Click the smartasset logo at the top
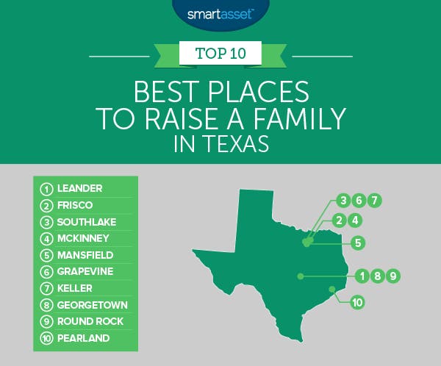pos(220,15)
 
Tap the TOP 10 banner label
pos(220,53)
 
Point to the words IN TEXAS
pos(221,144)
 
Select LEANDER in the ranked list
pos(80,188)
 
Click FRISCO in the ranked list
pos(75,205)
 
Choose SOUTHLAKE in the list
pos(87,222)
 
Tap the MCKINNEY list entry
pos(83,238)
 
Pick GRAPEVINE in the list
pos(85,271)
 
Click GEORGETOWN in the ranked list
pos(93,305)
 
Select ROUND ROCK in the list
pos(90,321)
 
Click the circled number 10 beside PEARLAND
pos(46,338)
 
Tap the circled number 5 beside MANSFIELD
pos(46,256)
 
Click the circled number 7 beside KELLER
pos(46,289)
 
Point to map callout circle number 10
pos(357,302)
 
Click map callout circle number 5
pos(358,243)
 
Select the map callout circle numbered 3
pos(343,201)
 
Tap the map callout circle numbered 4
pos(355,220)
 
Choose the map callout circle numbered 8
pos(378,276)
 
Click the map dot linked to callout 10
pos(332,290)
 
